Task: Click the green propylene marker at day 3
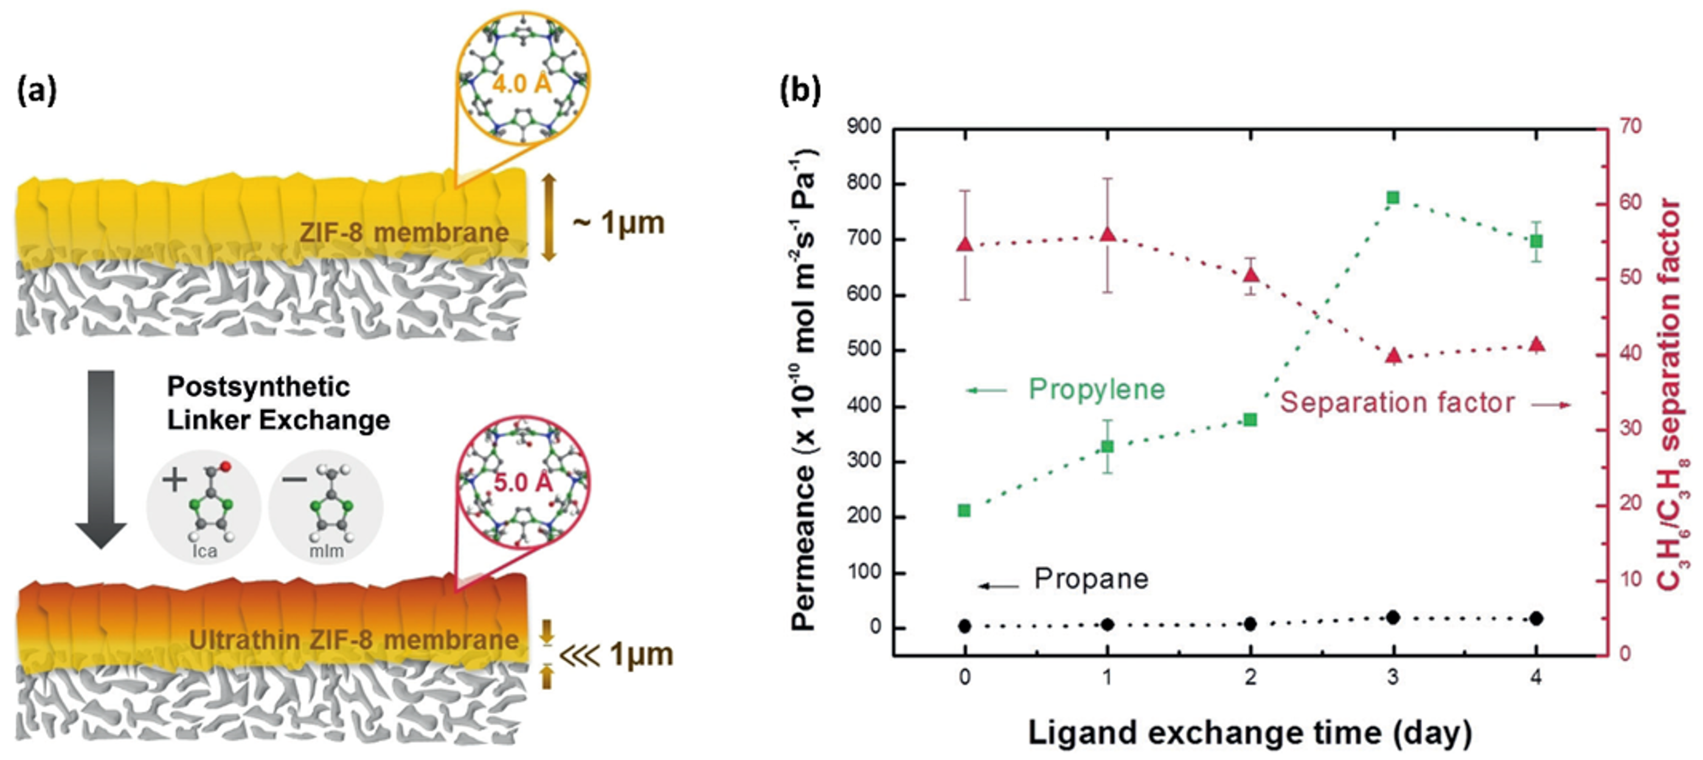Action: point(1393,198)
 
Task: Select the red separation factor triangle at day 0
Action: point(965,245)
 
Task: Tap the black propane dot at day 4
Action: point(1536,618)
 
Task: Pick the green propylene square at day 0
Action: point(965,511)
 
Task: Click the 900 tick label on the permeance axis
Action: point(864,126)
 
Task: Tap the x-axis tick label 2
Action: point(1250,677)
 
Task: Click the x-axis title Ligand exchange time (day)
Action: point(1249,733)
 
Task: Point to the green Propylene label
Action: point(1097,389)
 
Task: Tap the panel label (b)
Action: point(800,90)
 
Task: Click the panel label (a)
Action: point(37,90)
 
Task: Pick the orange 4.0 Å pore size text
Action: point(522,84)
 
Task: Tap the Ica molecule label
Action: point(204,551)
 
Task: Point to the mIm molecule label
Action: point(327,551)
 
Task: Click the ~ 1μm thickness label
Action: point(618,223)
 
